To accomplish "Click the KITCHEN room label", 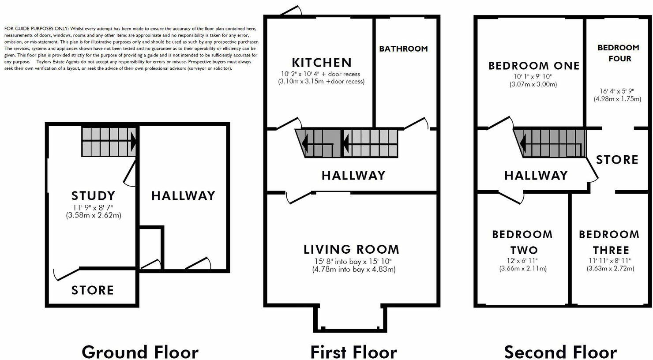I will tap(322, 63).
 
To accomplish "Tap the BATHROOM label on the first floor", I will tap(403, 49).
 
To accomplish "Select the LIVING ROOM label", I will tap(351, 250).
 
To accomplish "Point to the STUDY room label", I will tap(93, 195).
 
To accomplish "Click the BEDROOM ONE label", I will tap(534, 66).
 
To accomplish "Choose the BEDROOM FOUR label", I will tap(618, 53).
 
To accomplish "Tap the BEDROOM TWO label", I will tap(522, 242).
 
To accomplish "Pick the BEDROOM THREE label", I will tap(609, 242).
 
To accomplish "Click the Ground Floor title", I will tap(140, 352).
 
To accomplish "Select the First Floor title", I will tap(353, 352).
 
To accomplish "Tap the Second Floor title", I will tap(560, 352).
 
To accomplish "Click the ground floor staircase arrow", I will tap(132, 142).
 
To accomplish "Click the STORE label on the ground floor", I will tap(93, 290).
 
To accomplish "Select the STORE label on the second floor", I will tap(617, 160).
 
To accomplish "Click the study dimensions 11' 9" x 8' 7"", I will tap(93, 208).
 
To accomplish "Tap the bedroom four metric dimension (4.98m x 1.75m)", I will tap(617, 99).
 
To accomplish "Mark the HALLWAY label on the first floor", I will tap(353, 176).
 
